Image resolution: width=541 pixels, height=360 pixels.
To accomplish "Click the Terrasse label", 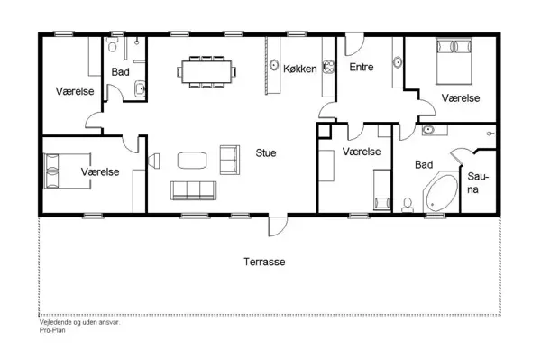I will click(x=264, y=262).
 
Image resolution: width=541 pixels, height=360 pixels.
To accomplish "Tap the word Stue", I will click(x=265, y=152).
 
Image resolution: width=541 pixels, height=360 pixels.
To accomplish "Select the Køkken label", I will click(x=299, y=69).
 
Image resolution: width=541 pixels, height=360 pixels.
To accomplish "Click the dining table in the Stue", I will click(x=207, y=70).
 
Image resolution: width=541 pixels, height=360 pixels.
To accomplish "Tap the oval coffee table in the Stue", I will click(x=191, y=161).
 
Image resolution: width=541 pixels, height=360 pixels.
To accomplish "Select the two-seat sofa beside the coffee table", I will click(x=228, y=160).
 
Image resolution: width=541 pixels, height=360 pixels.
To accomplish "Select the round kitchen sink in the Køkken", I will click(x=273, y=64).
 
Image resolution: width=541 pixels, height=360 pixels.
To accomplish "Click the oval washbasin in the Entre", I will click(x=397, y=62).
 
